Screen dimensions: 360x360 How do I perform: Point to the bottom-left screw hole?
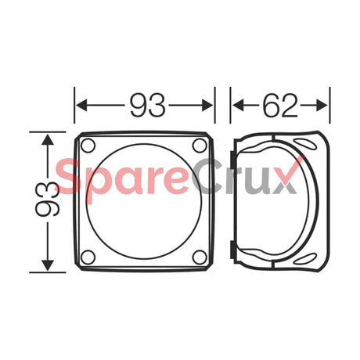tap(88, 257)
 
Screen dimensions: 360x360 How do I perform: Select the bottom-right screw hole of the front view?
tap(200, 257)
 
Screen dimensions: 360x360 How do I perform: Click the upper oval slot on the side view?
tap(304, 142)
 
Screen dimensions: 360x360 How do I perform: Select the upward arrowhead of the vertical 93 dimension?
tap(48, 139)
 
